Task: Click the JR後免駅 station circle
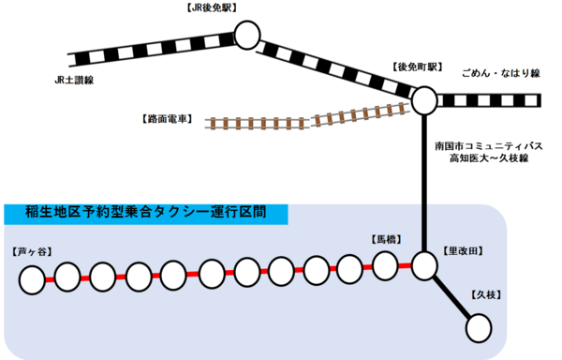pyautogui.click(x=247, y=35)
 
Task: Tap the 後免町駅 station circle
pyautogui.click(x=424, y=100)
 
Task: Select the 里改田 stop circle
pyautogui.click(x=424, y=266)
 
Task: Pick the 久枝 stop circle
pyautogui.click(x=479, y=328)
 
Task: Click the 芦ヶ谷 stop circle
pyautogui.click(x=32, y=280)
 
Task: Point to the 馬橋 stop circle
pyautogui.click(x=385, y=266)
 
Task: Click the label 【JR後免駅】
pyautogui.click(x=212, y=7)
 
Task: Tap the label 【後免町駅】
pyautogui.click(x=417, y=67)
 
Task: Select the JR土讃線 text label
pyautogui.click(x=74, y=80)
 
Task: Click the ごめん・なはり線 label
pyautogui.click(x=501, y=73)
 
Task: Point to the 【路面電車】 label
pyautogui.click(x=168, y=119)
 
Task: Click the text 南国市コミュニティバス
pyautogui.click(x=489, y=146)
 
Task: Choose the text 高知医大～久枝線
pyautogui.click(x=489, y=157)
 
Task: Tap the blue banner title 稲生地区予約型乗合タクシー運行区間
pyautogui.click(x=146, y=212)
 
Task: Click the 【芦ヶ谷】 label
pyautogui.click(x=32, y=251)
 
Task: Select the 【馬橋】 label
pyautogui.click(x=386, y=239)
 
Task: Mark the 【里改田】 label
pyautogui.click(x=463, y=251)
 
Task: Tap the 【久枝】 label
pyautogui.click(x=485, y=294)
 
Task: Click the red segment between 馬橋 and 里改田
pyautogui.click(x=405, y=266)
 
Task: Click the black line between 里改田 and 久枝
pyautogui.click(x=452, y=297)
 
